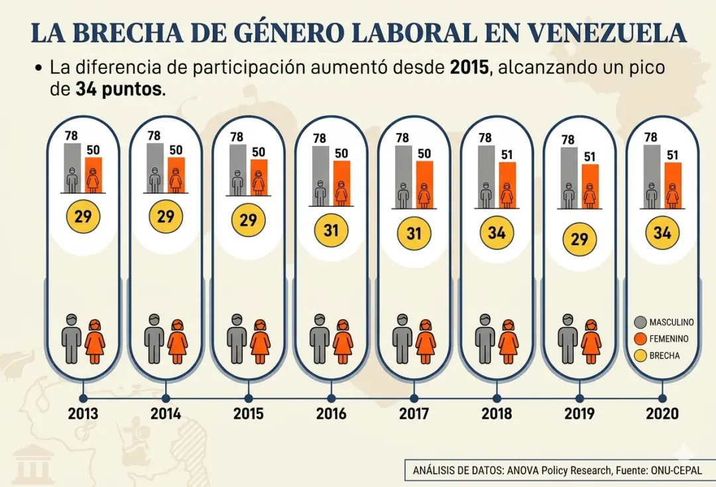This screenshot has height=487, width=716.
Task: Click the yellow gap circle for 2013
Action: tap(82, 218)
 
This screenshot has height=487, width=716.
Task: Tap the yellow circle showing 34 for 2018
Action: tap(497, 233)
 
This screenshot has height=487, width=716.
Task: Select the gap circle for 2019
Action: tap(579, 239)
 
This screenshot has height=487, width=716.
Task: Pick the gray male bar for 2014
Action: tap(155, 168)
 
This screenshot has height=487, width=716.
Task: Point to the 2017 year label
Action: tap(414, 413)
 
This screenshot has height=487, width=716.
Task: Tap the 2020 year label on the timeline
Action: tap(662, 413)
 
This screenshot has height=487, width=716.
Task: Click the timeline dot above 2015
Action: tap(249, 398)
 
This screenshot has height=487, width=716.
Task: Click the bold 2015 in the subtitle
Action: tap(469, 68)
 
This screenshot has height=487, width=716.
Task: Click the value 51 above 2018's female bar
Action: tap(507, 155)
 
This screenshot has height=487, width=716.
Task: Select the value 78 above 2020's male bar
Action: tap(651, 137)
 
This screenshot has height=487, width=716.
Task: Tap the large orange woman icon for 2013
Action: tap(95, 341)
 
